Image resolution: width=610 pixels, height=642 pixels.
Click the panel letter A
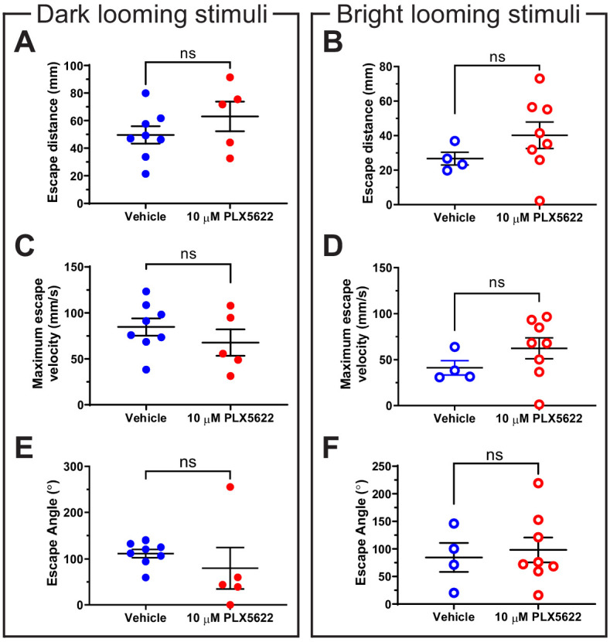pos(26,52)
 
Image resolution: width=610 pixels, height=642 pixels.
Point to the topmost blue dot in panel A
pos(145,93)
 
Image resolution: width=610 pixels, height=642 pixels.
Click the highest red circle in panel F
pos(538,483)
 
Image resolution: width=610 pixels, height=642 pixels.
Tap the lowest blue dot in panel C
pos(145,370)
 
